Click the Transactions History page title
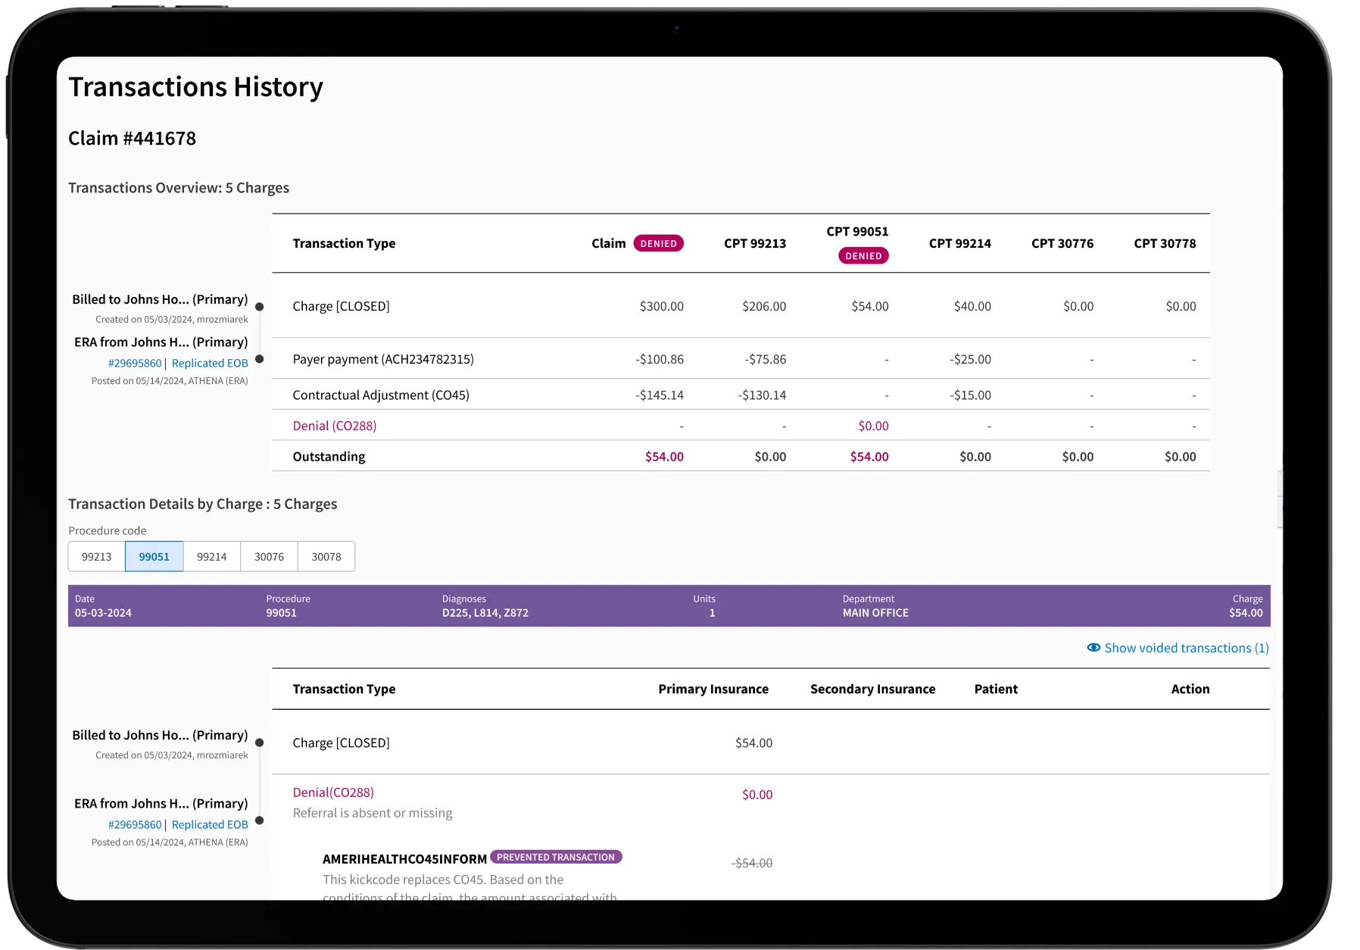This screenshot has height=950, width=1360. point(195,87)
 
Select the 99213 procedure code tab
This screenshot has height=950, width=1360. point(96,557)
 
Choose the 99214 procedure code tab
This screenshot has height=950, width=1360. point(211,557)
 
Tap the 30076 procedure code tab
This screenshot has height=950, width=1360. point(269,557)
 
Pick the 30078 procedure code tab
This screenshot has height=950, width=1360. point(326,557)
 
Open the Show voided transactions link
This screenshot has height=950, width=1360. point(1186,648)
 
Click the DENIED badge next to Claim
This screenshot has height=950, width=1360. point(658,243)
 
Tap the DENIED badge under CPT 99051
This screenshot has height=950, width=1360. point(863,256)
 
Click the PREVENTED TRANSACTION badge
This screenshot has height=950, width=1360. point(556,857)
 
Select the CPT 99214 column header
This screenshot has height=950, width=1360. point(959,243)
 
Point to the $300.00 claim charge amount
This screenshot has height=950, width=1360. point(661,306)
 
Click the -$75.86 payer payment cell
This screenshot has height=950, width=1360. point(765,359)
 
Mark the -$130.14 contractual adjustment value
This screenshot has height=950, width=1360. point(762,395)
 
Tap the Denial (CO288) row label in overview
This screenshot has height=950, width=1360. point(334,426)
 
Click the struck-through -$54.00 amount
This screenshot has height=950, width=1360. point(752,863)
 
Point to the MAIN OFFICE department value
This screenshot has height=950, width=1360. point(875,613)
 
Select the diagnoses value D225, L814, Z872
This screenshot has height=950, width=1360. point(485,613)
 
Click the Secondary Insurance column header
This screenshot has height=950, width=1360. point(872,689)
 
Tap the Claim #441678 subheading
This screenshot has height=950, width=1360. point(132,138)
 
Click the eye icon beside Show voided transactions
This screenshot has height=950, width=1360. point(1093,648)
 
